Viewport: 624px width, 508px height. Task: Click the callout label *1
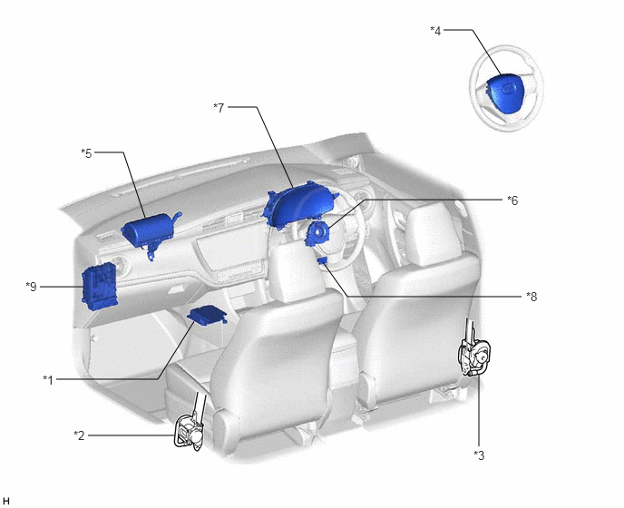pos(48,380)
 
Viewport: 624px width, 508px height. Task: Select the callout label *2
pos(79,435)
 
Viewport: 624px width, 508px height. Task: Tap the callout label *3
pos(479,455)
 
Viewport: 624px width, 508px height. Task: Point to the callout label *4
pos(435,31)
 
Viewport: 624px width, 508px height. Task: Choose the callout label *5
pos(86,153)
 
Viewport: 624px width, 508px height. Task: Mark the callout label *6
pos(512,200)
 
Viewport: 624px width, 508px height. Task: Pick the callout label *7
pos(219,107)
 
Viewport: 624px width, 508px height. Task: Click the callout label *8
pos(531,297)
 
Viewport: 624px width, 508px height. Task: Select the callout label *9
pos(31,287)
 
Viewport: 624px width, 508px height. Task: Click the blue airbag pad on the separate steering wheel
pos(502,91)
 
